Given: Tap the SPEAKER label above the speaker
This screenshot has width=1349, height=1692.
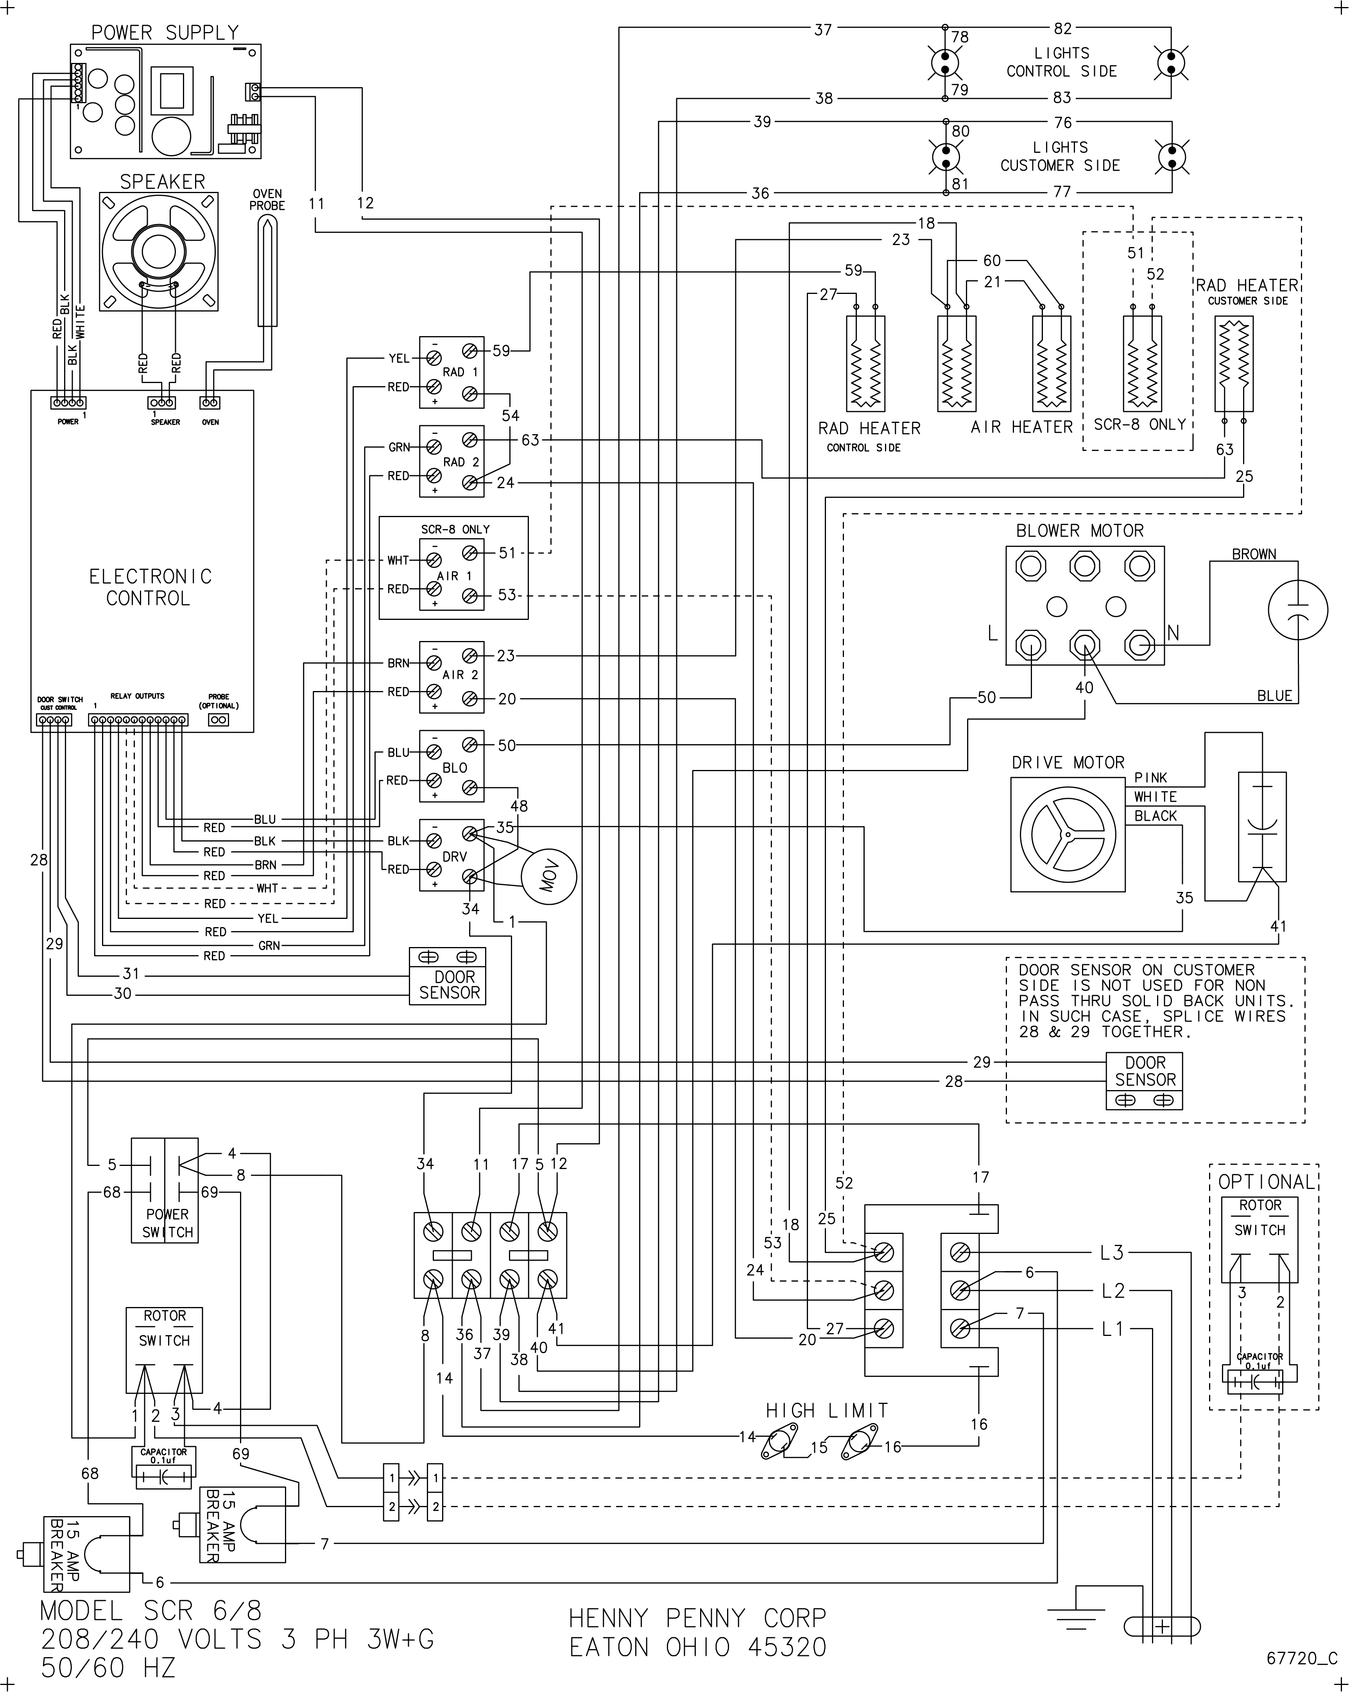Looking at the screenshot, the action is coord(163,181).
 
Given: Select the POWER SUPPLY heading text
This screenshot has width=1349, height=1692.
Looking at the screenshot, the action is coord(165,33).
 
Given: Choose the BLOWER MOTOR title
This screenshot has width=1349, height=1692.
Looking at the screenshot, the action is coord(1080,530).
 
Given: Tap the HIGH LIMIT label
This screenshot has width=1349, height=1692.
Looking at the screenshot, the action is coord(827,1410).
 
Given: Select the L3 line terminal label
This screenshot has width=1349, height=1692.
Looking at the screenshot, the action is coord(1112,1253).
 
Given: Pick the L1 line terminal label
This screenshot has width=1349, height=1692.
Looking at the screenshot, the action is coord(1112,1329).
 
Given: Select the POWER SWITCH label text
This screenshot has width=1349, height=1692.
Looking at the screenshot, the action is coord(167,1223).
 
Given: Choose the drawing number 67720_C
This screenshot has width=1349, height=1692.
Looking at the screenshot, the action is coord(1301,1658).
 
